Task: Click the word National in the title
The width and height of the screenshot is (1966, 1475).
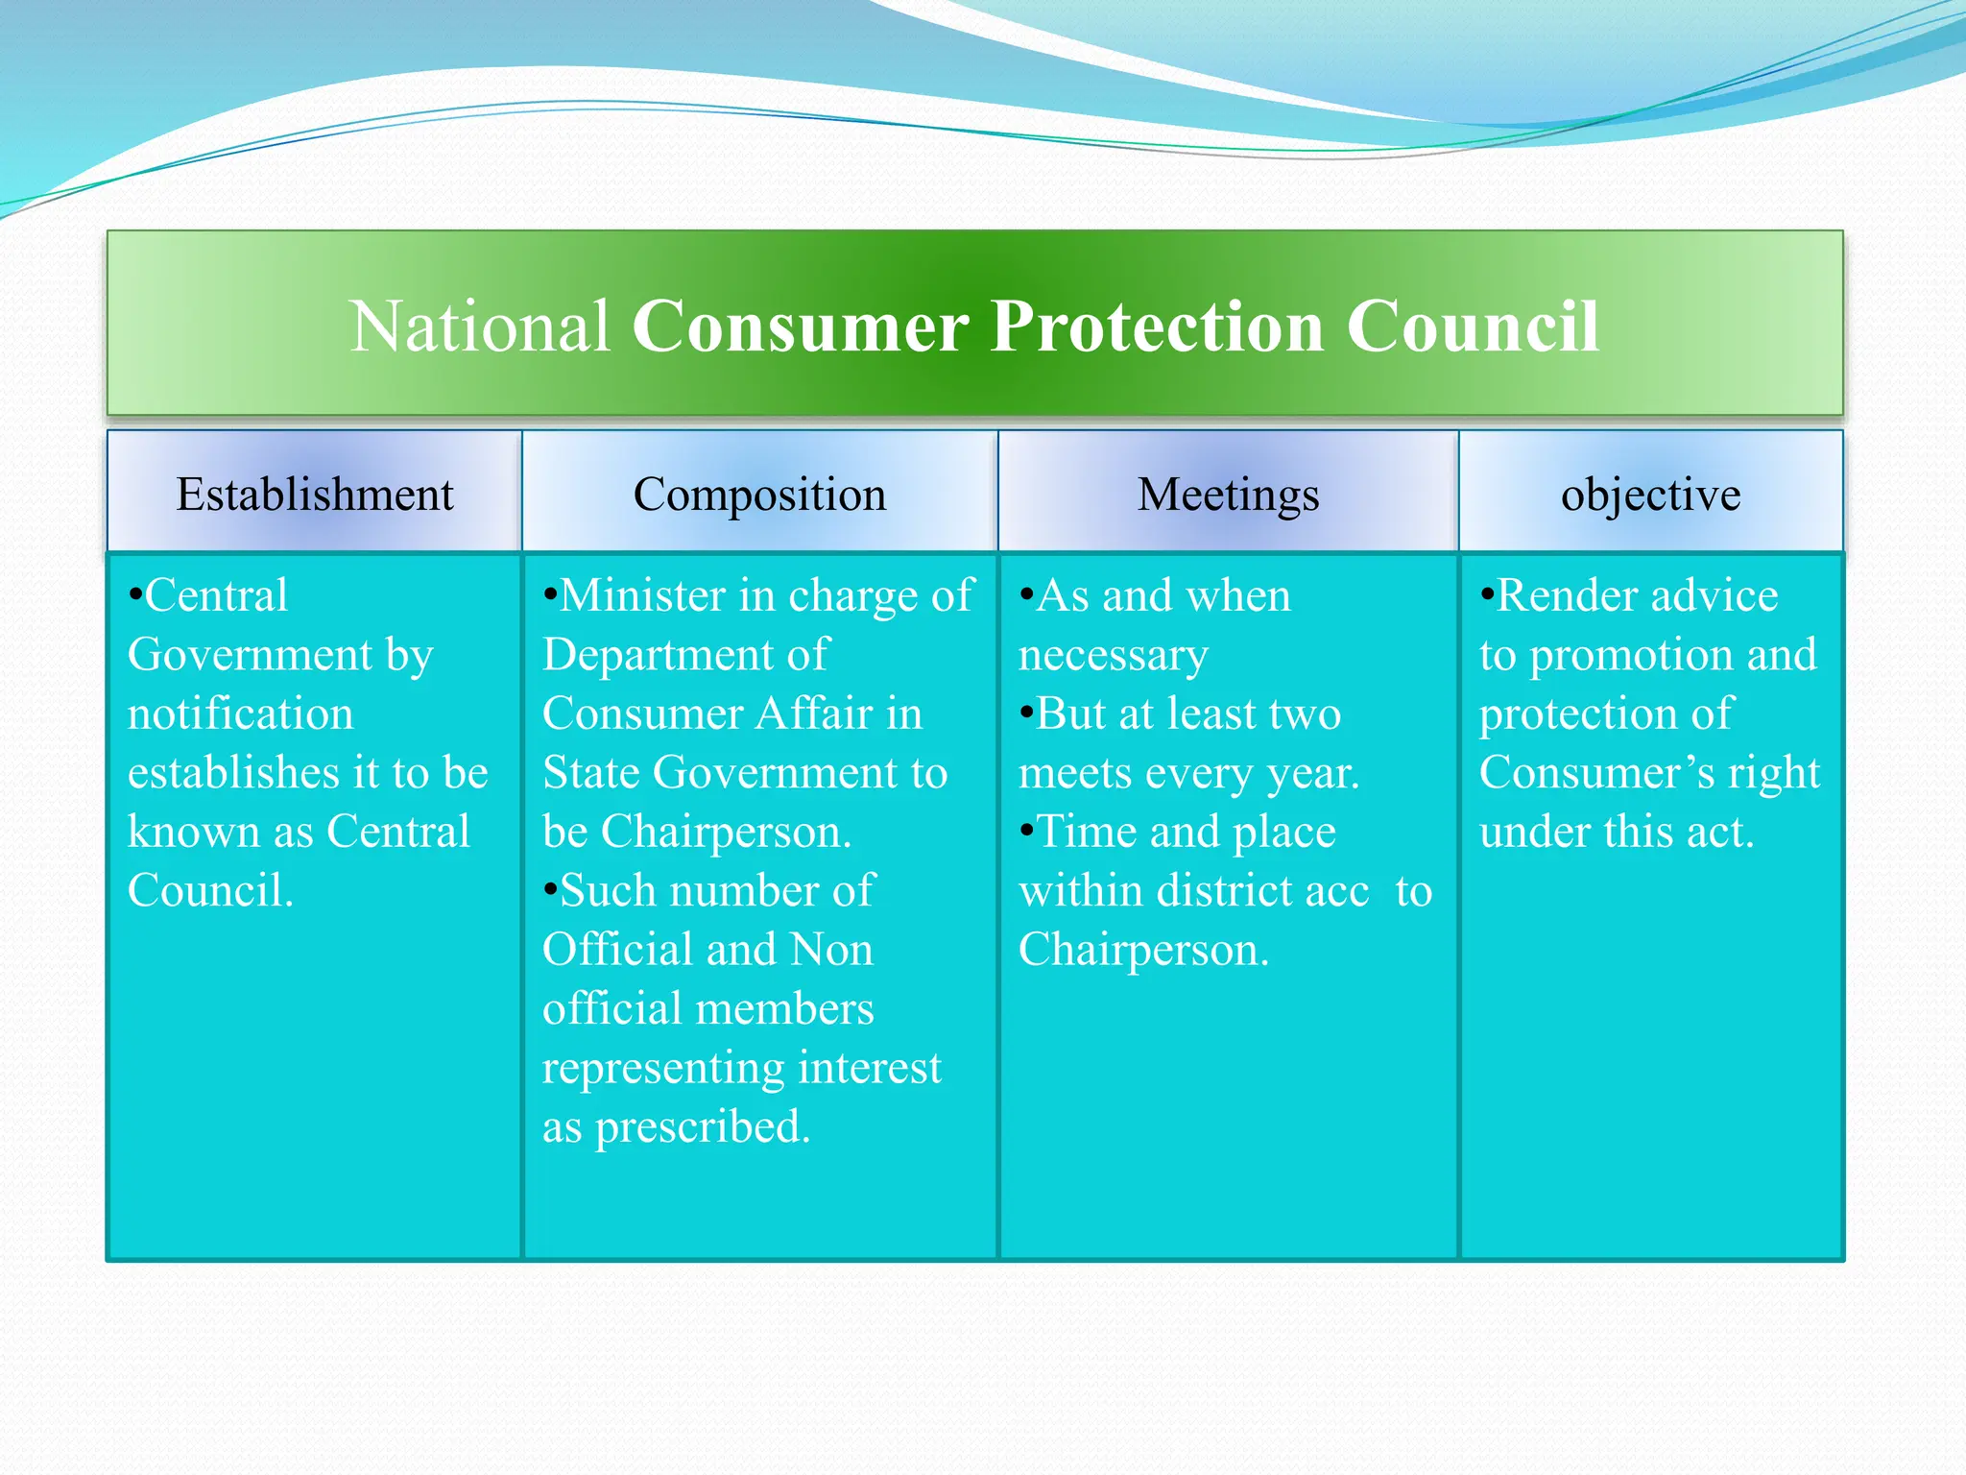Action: [x=480, y=326]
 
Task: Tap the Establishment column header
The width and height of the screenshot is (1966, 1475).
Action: [x=314, y=495]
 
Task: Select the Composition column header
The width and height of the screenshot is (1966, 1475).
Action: [x=759, y=495]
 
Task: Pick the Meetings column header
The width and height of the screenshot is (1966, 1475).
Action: [x=1228, y=495]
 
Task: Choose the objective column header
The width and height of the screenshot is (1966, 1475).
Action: [x=1650, y=495]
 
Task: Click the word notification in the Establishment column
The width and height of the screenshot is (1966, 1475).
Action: [x=240, y=714]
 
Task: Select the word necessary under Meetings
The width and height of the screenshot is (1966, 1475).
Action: [x=1113, y=656]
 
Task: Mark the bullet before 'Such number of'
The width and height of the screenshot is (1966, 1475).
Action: [x=550, y=889]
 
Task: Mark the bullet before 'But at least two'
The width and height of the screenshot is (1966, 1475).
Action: [x=1026, y=713]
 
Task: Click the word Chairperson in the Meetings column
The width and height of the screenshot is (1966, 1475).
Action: [x=1142, y=951]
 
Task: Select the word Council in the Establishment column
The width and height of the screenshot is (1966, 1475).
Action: [x=209, y=891]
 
